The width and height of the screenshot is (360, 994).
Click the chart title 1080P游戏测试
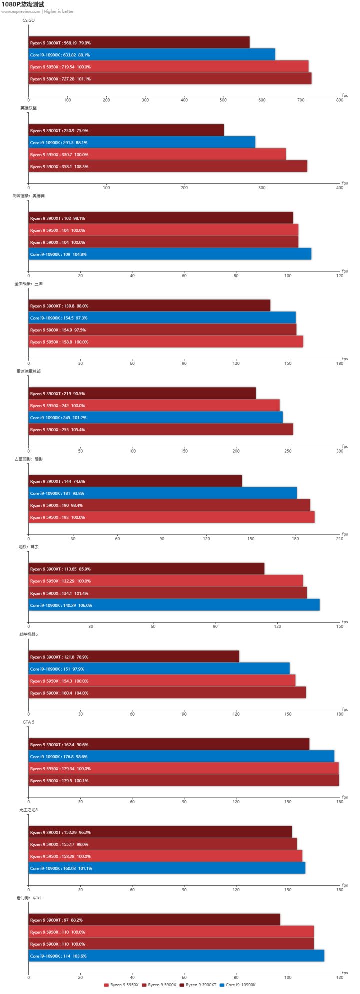(22, 4)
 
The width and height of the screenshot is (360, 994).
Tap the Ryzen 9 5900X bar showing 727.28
(170, 79)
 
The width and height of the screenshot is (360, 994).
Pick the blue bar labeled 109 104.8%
(170, 254)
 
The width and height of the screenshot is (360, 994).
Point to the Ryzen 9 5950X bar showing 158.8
(165, 342)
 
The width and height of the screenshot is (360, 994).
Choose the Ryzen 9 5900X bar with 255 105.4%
(160, 430)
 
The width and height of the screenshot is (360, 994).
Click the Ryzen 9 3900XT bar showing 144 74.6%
(135, 481)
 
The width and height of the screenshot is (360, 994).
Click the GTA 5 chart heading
(28, 722)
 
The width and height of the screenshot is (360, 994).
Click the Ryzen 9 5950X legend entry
(121, 985)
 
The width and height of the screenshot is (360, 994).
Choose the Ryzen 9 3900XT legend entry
(198, 985)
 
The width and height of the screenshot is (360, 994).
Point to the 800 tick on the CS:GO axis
(340, 100)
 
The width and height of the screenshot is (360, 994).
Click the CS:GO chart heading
(28, 20)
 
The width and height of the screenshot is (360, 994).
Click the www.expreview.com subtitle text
(21, 11)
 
